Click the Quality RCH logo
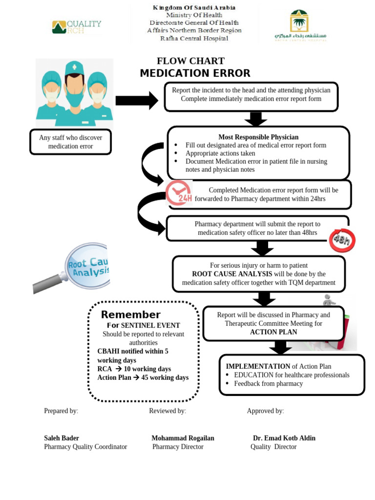click(x=77, y=27)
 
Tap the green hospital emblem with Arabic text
click(x=300, y=25)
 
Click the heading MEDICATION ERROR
click(x=195, y=73)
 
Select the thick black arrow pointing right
click(x=137, y=101)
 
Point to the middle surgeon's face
click(x=74, y=88)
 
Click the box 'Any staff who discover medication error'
click(x=71, y=142)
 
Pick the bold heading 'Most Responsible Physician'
click(x=258, y=137)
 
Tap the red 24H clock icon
click(x=178, y=193)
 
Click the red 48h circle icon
click(x=342, y=240)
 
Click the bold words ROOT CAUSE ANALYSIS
click(x=232, y=274)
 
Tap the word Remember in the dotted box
click(x=130, y=314)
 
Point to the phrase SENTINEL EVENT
click(x=150, y=325)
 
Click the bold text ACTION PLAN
click(x=273, y=332)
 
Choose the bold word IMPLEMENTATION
click(x=258, y=366)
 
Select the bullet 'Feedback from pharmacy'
click(x=268, y=384)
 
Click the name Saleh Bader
click(x=62, y=438)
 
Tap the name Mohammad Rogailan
click(x=183, y=438)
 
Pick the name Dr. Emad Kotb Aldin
click(x=284, y=438)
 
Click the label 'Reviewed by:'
click(x=167, y=411)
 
